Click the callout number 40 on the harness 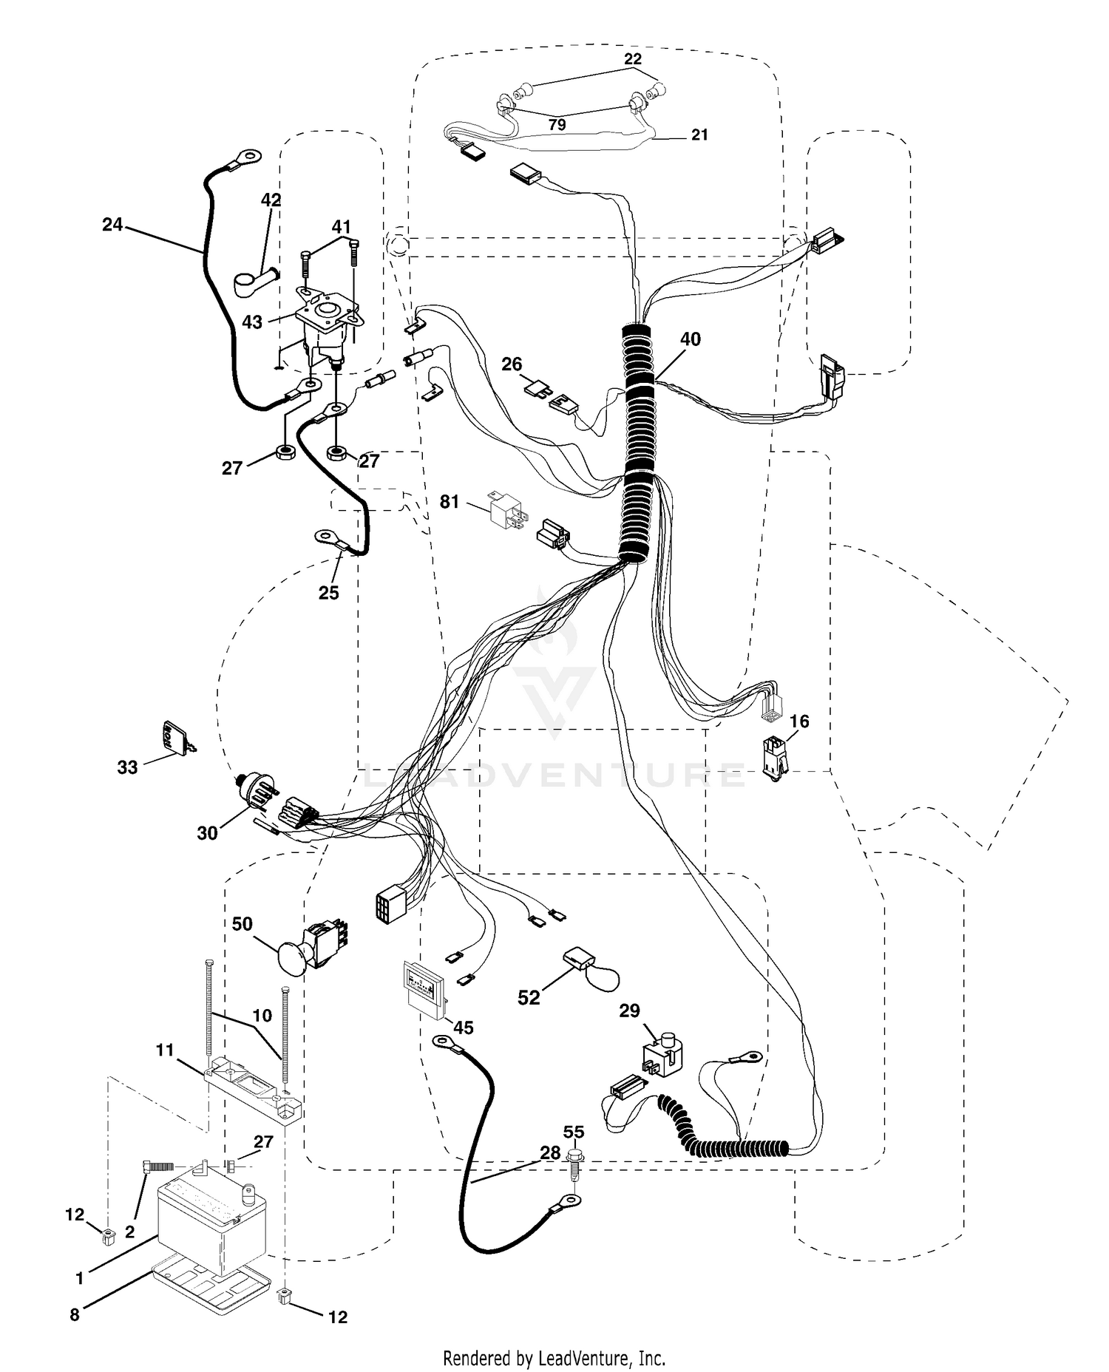coord(691,339)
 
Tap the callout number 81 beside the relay coord(450,502)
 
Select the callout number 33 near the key coord(127,767)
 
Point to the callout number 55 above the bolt coord(574,1132)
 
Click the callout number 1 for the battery coord(79,1278)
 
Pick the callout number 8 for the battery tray coord(75,1315)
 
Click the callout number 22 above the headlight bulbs coord(633,59)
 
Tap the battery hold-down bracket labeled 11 coord(254,1087)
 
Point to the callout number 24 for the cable coord(112,224)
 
